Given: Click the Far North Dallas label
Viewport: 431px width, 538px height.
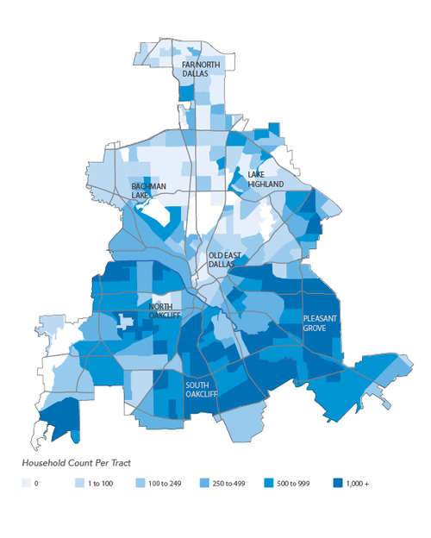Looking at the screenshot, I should (195, 69).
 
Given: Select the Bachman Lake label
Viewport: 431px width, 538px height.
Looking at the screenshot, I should (149, 191).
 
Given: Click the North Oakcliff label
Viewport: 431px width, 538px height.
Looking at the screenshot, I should (166, 311).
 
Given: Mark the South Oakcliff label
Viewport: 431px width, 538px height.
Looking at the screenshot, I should (200, 389).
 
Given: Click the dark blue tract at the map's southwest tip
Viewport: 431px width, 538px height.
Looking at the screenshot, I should (59, 422).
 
